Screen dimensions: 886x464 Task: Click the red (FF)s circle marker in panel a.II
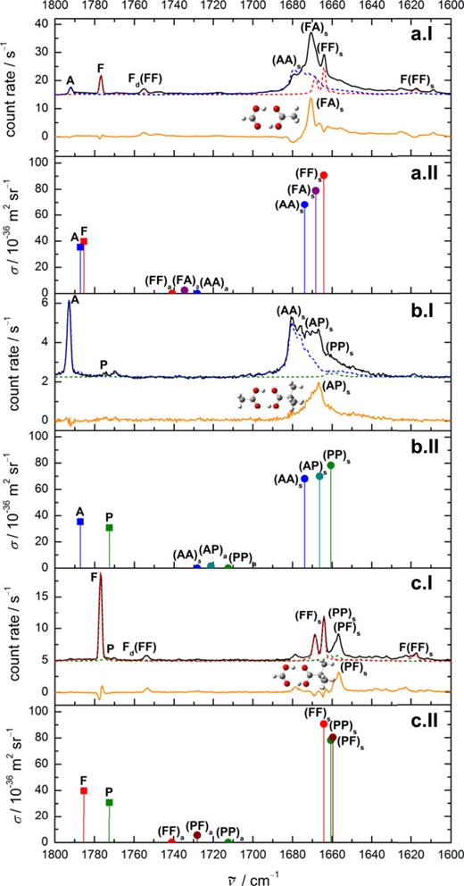click(324, 175)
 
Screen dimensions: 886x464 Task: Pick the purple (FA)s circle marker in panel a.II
click(315, 190)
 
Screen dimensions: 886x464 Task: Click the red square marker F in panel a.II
click(84, 241)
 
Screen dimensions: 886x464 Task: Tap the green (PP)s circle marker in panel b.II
click(331, 464)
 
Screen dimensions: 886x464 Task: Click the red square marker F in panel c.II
click(84, 790)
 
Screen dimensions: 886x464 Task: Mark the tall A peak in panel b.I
click(70, 304)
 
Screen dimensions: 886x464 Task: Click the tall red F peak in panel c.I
click(100, 576)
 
